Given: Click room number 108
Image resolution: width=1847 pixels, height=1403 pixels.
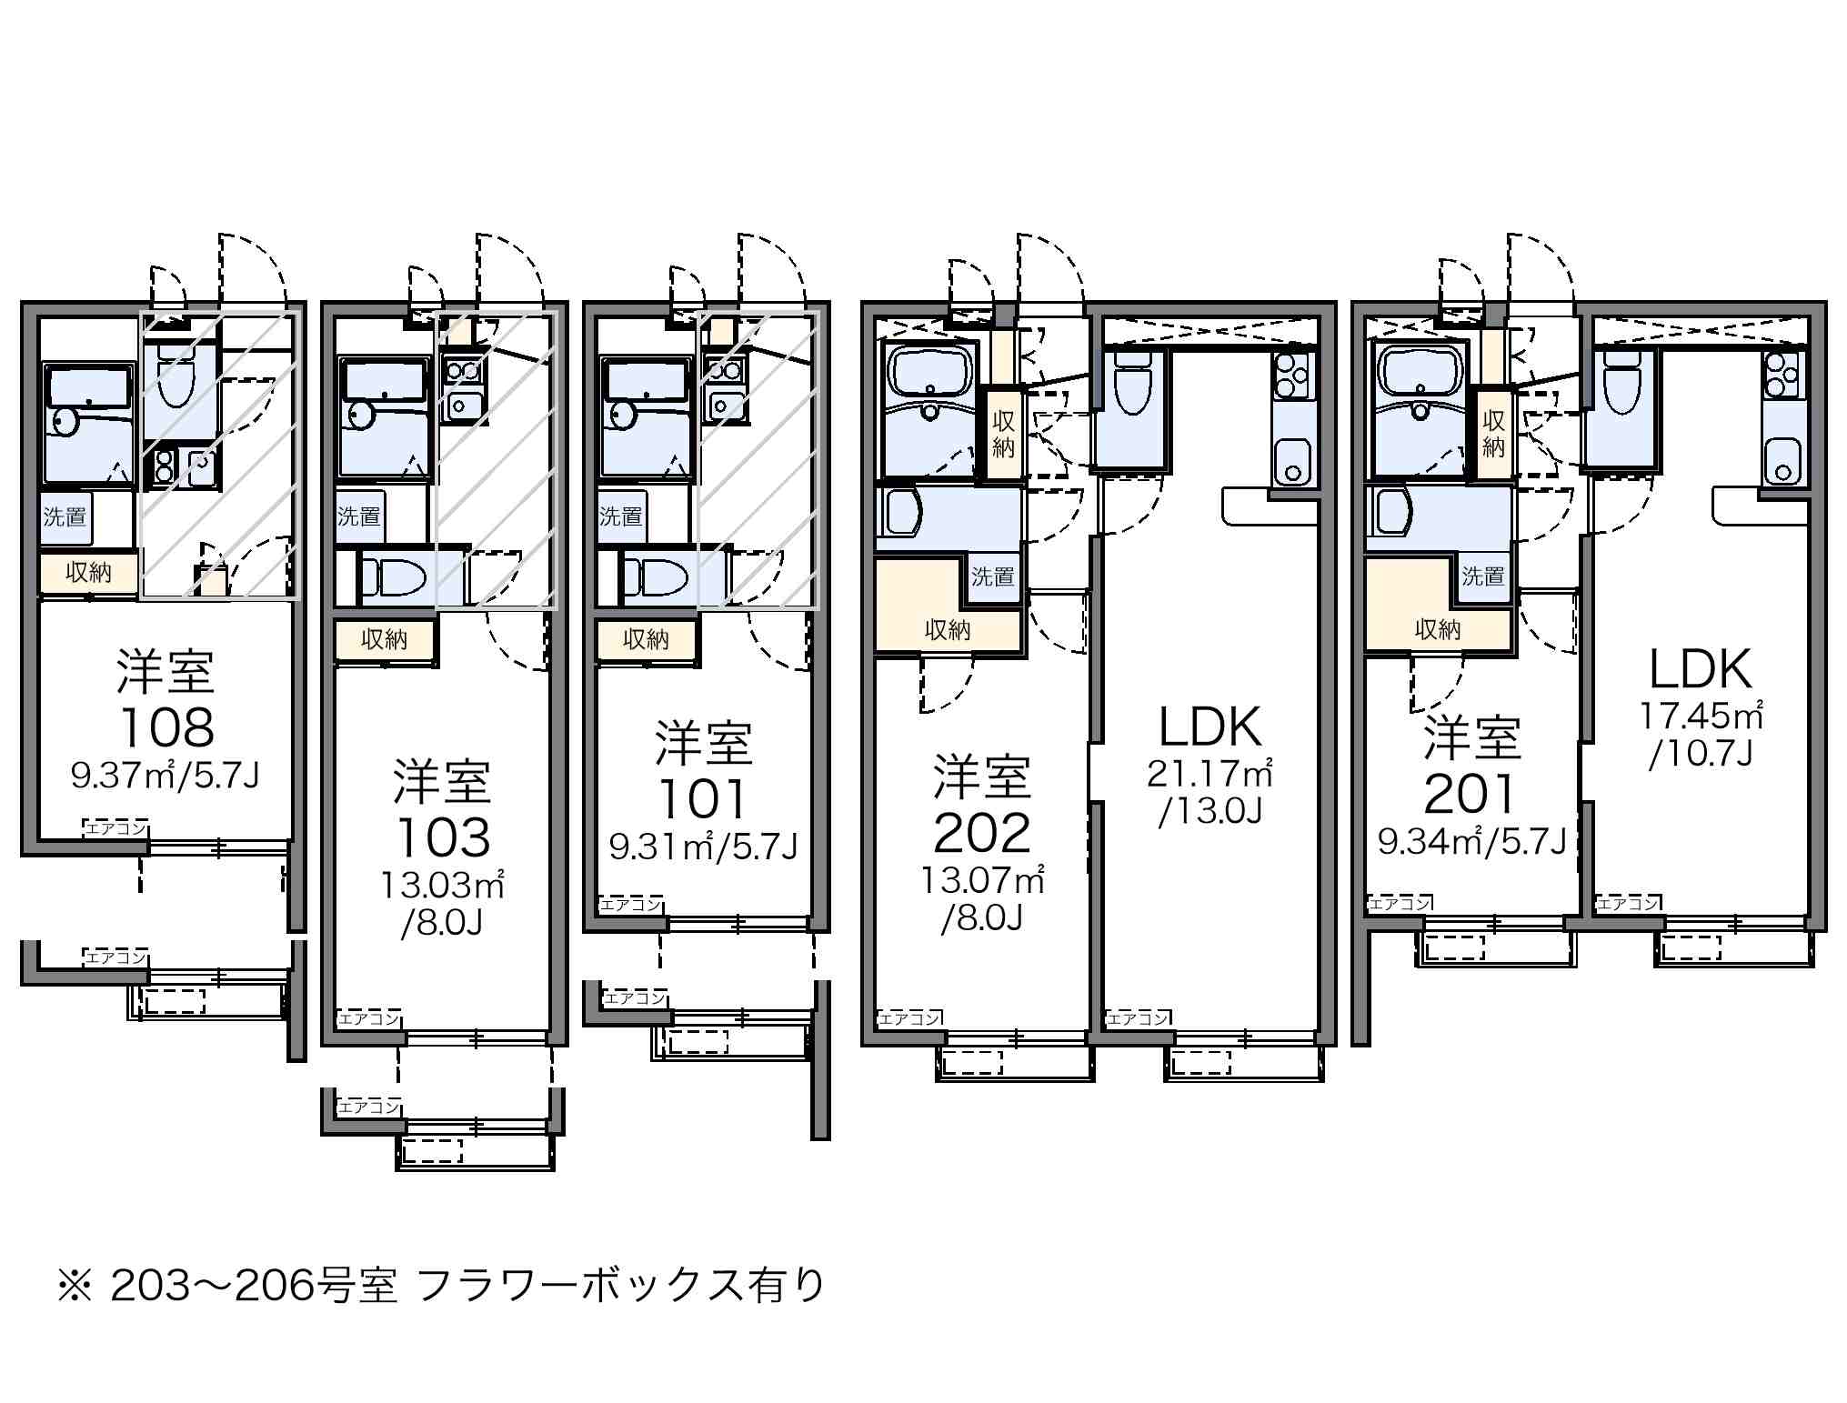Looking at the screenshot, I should pyautogui.click(x=166, y=727).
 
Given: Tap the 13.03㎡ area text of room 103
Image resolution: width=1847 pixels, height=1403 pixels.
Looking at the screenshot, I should pyautogui.click(x=442, y=885).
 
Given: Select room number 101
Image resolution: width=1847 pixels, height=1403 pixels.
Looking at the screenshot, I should pyautogui.click(x=703, y=799).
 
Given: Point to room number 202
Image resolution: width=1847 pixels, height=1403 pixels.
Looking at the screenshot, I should pyautogui.click(x=982, y=833).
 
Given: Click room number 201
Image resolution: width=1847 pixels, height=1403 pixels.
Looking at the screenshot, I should pyautogui.click(x=1471, y=794).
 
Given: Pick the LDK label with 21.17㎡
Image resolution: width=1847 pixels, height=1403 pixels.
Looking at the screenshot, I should pyautogui.click(x=1210, y=727).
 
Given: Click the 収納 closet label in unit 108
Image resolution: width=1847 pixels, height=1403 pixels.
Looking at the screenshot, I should pyautogui.click(x=88, y=573).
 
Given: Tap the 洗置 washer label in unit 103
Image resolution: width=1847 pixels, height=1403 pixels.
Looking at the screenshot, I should pyautogui.click(x=358, y=517).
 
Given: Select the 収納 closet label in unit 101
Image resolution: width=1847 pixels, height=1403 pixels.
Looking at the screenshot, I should pyautogui.click(x=646, y=640).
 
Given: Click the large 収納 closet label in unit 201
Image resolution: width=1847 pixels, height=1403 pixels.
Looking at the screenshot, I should pyautogui.click(x=1438, y=630).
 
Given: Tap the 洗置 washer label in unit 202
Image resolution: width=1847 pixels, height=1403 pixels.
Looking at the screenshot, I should pyautogui.click(x=992, y=576).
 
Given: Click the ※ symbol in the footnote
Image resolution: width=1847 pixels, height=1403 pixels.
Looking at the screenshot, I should pyautogui.click(x=75, y=1285).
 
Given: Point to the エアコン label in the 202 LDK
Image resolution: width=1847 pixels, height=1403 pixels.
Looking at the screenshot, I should pyautogui.click(x=1137, y=1018).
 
